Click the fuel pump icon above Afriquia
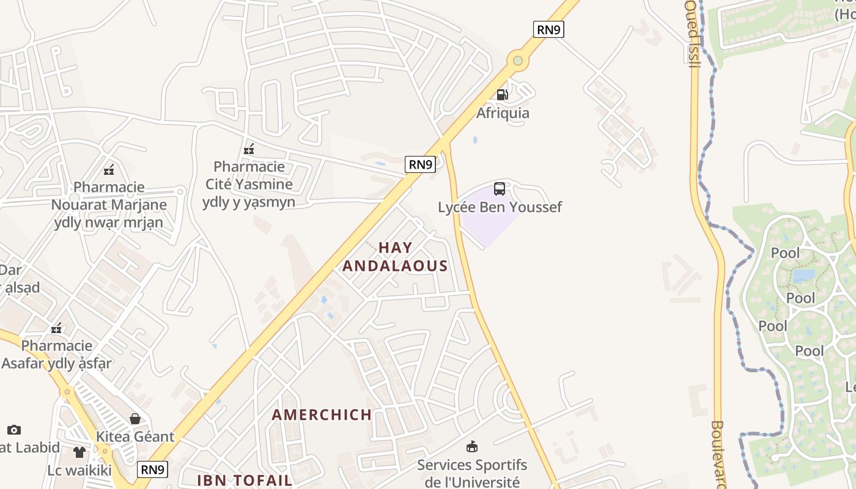tap(502, 94)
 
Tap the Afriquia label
tap(503, 113)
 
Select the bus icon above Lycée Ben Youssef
tap(500, 189)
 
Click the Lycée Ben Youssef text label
tap(500, 207)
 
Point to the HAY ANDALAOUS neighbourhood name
tap(395, 257)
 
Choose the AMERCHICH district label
tap(322, 414)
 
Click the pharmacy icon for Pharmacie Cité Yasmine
tap(249, 149)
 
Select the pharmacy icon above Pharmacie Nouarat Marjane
tap(109, 169)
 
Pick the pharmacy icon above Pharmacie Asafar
tap(56, 328)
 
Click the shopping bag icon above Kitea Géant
tap(135, 419)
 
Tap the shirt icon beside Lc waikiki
tap(79, 452)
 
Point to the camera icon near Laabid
tap(13, 430)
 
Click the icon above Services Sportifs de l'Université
tap(471, 447)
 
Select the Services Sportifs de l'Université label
tap(472, 473)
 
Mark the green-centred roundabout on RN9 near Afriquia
tap(518, 61)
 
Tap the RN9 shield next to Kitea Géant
tap(152, 469)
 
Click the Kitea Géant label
tap(135, 437)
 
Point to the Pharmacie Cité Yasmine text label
tap(249, 184)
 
